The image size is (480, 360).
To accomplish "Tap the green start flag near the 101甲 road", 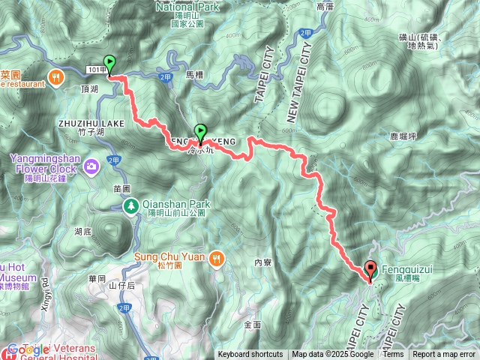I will coord(110,64).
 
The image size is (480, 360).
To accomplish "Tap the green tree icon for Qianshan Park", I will coord(130,206).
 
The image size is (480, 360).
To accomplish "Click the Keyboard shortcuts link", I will coord(250,355).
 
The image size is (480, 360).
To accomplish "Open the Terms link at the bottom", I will coord(393,355).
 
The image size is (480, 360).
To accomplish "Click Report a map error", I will coord(444,355).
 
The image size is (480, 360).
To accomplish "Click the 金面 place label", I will coord(253,324).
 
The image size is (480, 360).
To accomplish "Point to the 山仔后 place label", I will coord(121,286).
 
